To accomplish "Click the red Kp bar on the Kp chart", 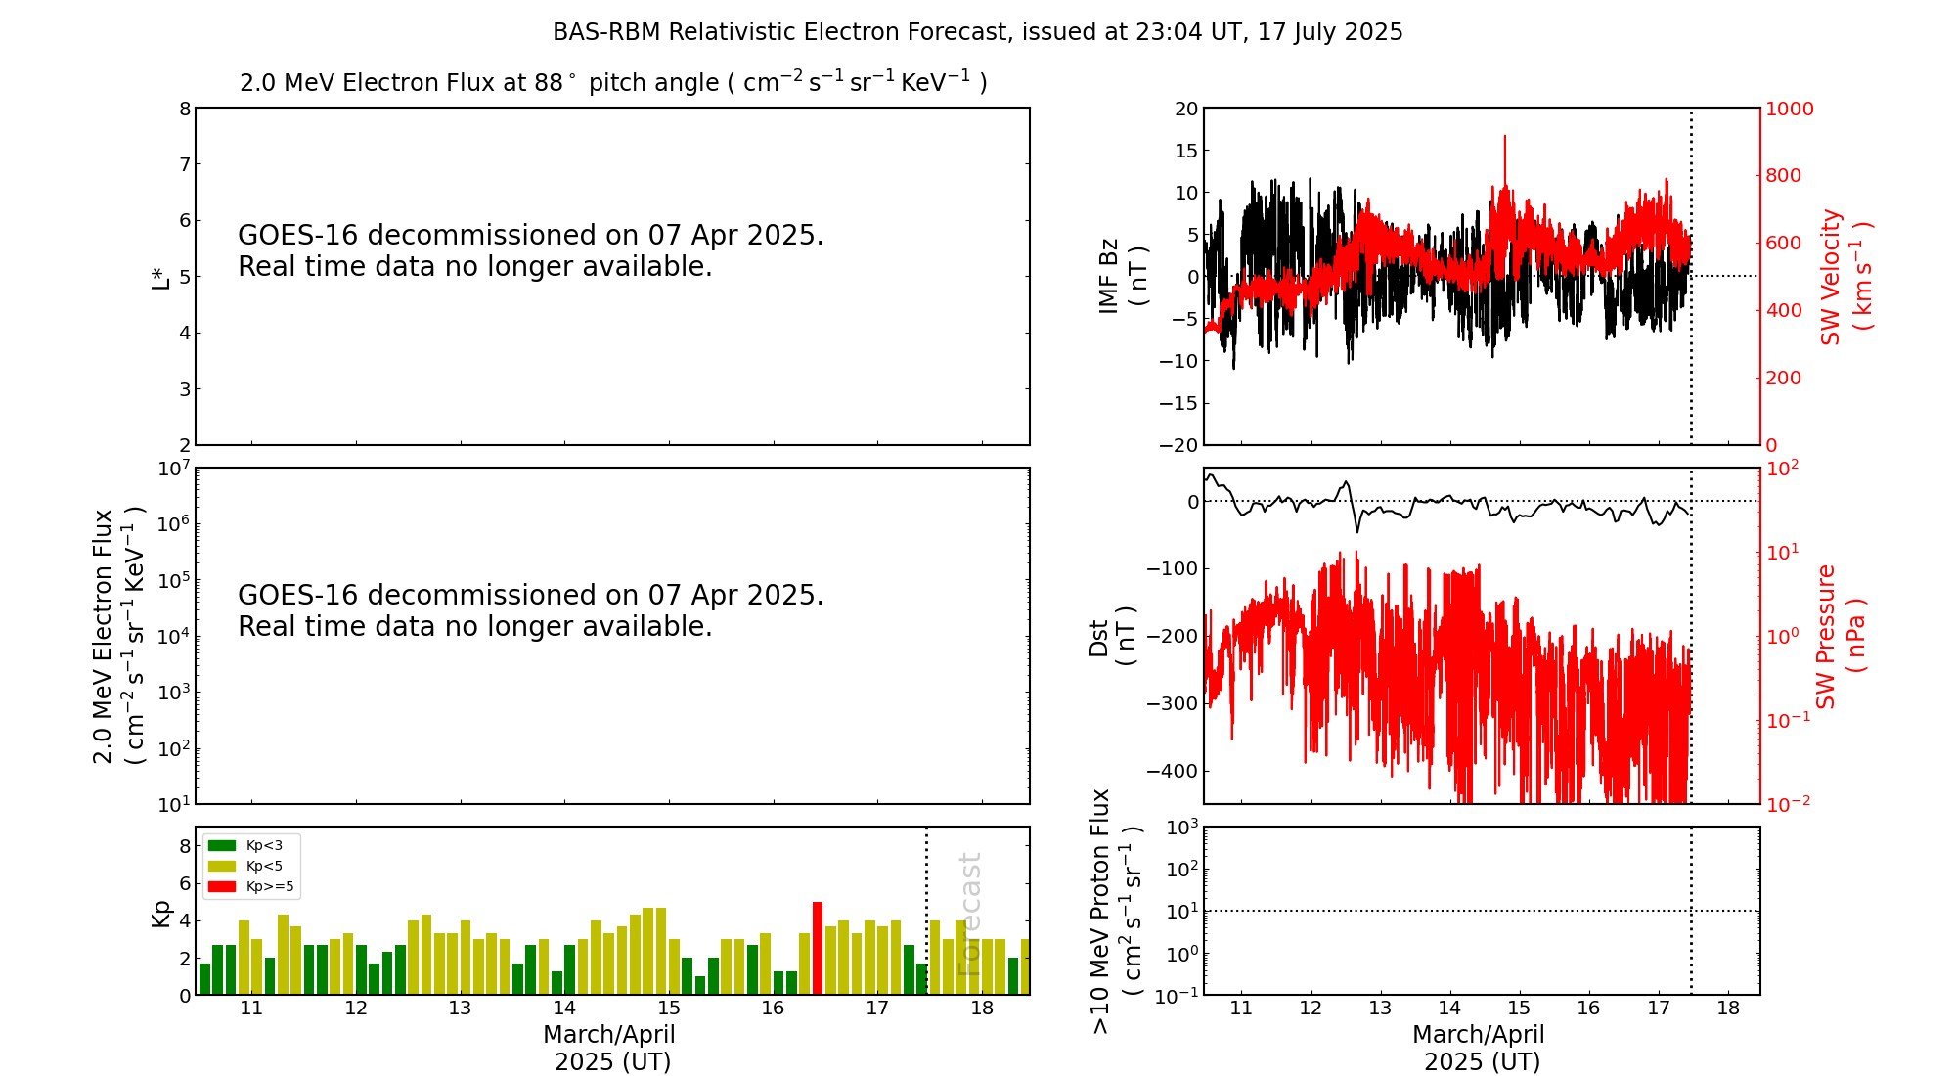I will coord(818,948).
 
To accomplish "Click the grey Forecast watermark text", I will coord(968,914).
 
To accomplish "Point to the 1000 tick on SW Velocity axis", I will coord(1789,109).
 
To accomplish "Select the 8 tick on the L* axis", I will coord(185,109).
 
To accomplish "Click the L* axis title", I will coord(160,277).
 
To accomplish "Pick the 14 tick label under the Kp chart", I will coord(564,1009).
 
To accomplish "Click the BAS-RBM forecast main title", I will coord(977,32).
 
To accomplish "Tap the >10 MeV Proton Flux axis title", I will coord(1116,911).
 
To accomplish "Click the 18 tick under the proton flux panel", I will coord(1728,1009).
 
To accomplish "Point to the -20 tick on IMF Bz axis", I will coord(1178,445).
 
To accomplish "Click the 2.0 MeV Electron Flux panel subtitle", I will coord(613,82).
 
